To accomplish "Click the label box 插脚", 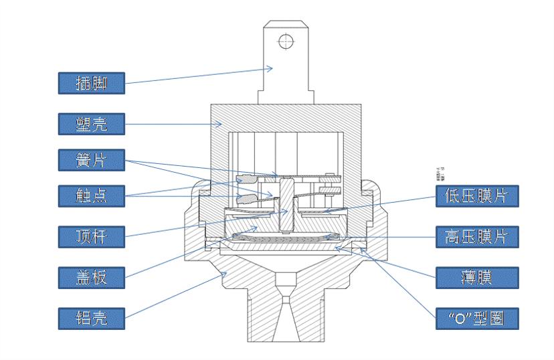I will (91, 82).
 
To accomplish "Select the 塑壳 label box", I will (91, 122).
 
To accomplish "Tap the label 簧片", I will (91, 159).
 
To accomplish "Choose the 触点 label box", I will (91, 195).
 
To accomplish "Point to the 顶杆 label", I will (91, 236).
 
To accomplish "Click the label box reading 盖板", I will (91, 276).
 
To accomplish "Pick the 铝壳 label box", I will (91, 317).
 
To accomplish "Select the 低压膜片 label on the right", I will (477, 196).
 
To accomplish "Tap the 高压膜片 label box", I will (477, 236).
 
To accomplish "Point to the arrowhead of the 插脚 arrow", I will (274, 67).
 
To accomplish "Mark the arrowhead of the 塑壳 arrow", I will (223, 122).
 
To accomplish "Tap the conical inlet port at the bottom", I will (286, 314).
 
